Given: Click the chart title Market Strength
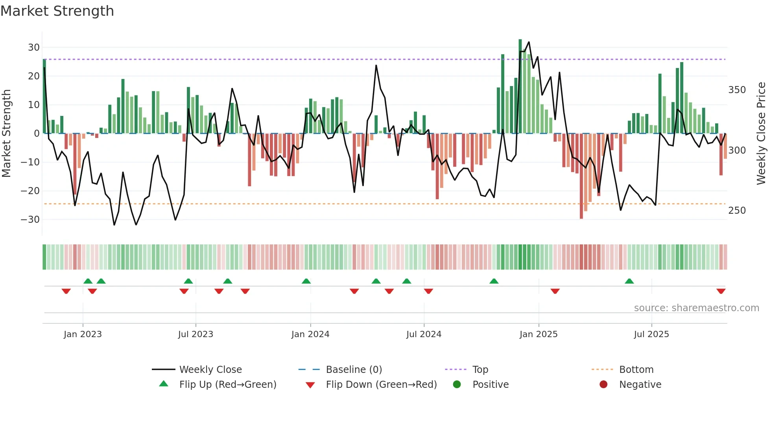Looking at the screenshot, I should (57, 11).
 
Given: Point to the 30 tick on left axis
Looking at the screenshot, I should (34, 48).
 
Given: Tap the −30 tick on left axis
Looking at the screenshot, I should (30, 220).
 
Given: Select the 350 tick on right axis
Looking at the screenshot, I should (737, 90).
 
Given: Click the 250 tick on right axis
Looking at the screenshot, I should (737, 211).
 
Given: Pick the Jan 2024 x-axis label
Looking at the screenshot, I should (310, 334).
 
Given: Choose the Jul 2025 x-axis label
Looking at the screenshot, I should (651, 334).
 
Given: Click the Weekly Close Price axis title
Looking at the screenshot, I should (761, 134).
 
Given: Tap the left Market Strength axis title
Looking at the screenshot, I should (7, 134).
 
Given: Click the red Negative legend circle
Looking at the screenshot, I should (603, 385).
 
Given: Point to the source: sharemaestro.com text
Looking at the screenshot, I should (696, 308).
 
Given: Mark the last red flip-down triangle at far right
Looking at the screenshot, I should (721, 291).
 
